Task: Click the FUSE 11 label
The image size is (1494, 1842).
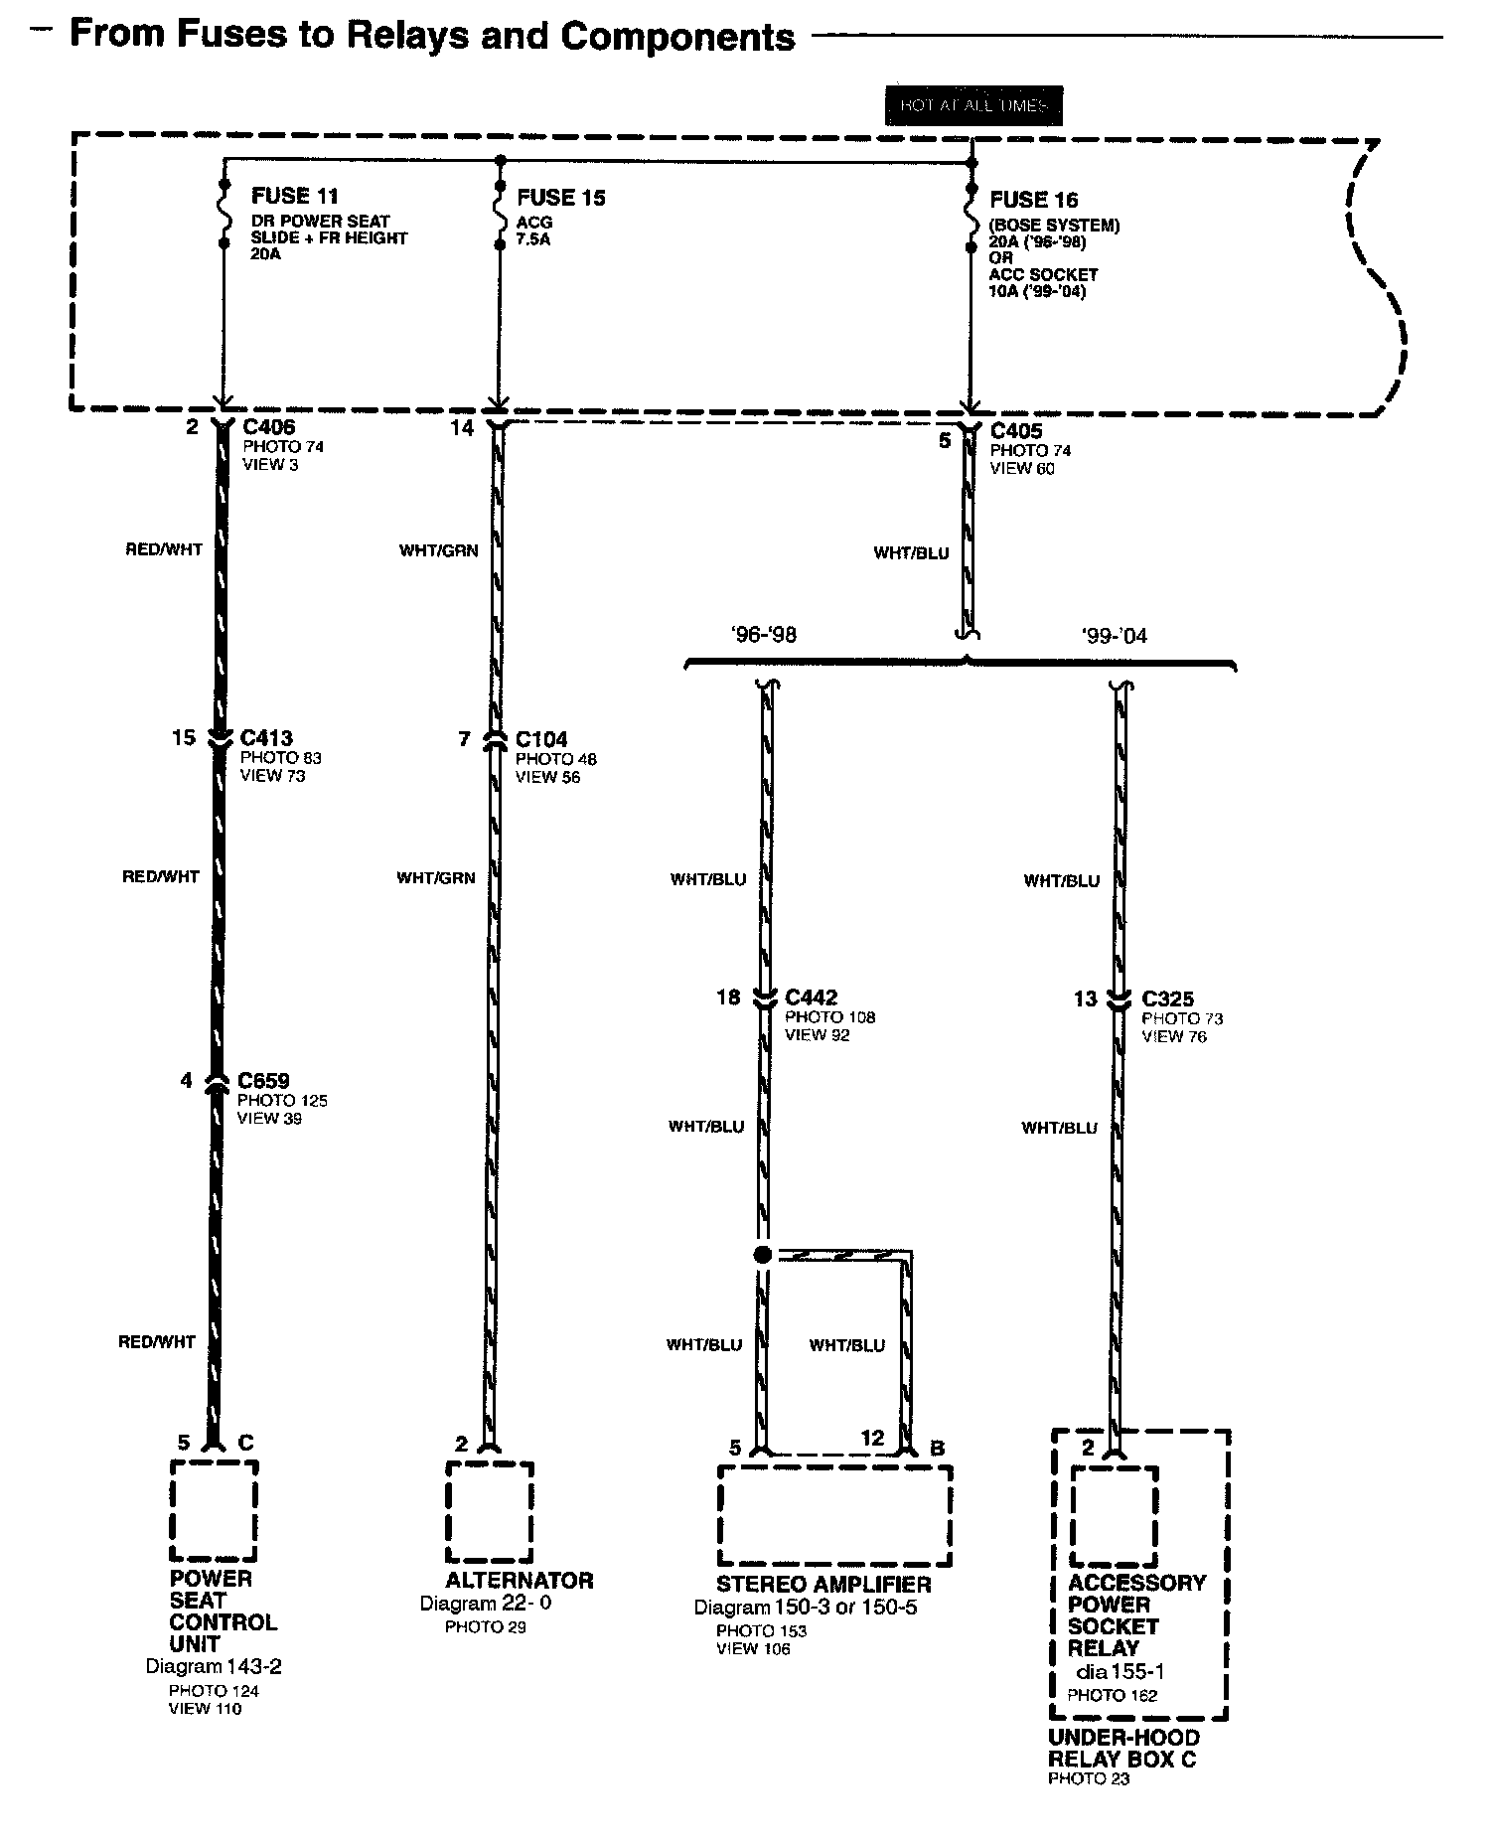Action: (294, 196)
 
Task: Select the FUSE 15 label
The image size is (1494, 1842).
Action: (560, 198)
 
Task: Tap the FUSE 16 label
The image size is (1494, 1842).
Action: (1033, 200)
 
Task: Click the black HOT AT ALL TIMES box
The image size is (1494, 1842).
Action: (973, 105)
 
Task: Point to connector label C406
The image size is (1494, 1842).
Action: (269, 427)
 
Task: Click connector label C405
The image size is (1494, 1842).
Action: (1016, 431)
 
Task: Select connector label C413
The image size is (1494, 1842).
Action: (266, 738)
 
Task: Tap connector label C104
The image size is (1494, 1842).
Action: (541, 740)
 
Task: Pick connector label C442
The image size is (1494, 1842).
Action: (811, 998)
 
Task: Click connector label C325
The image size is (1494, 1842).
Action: (1167, 999)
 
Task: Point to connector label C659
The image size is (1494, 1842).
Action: (263, 1081)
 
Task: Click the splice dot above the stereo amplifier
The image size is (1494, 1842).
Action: (763, 1255)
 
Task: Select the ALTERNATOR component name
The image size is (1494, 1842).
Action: (519, 1581)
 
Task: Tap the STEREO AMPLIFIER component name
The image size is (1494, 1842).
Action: (823, 1585)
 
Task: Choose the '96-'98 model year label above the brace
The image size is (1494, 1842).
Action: (763, 635)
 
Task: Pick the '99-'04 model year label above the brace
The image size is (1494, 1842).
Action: (1114, 636)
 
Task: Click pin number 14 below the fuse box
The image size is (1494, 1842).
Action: (462, 428)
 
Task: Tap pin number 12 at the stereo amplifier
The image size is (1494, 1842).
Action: (871, 1438)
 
